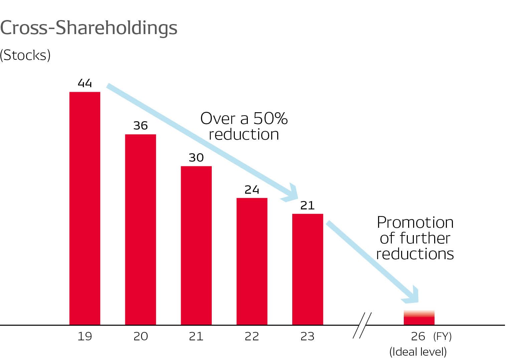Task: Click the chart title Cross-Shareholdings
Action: (x=89, y=28)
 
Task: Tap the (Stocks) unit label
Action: (x=25, y=55)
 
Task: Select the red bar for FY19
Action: (x=85, y=208)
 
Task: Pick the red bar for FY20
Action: (x=141, y=229)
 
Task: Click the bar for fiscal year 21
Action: (x=196, y=245)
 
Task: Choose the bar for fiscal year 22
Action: (x=252, y=261)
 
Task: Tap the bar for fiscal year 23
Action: (x=308, y=269)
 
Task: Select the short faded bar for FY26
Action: (x=419, y=318)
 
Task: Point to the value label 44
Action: (x=85, y=83)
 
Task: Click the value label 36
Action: (x=141, y=126)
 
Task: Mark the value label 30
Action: (x=196, y=158)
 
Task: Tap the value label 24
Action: (x=252, y=190)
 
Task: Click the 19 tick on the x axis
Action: (x=85, y=336)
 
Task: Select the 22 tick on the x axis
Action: (x=252, y=336)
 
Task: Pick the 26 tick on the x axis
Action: (x=418, y=336)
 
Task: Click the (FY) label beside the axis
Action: (x=442, y=336)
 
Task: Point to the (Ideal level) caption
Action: (x=418, y=352)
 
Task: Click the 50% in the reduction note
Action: (x=270, y=119)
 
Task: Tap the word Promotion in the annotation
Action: (x=415, y=222)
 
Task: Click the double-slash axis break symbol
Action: (x=362, y=325)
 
